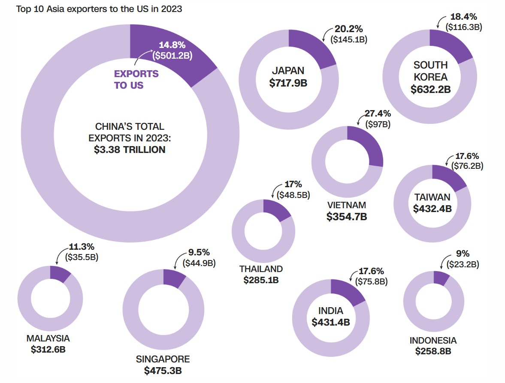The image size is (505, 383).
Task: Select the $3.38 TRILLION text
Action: tap(130, 150)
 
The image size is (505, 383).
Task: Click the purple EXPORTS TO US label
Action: tap(136, 80)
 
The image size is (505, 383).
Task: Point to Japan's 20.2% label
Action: tap(348, 29)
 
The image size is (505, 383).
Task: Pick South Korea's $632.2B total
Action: tap(430, 90)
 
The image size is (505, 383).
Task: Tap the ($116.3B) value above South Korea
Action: tap(464, 27)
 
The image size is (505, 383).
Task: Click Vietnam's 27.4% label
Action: tap(378, 114)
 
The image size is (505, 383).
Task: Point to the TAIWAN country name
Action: tap(432, 197)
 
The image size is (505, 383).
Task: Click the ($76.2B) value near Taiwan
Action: tap(466, 166)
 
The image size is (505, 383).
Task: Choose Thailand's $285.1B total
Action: tap(261, 280)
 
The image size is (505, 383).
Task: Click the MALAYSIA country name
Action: tap(48, 338)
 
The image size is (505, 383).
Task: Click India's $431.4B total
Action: tap(330, 322)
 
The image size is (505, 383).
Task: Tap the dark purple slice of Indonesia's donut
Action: tap(441, 278)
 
